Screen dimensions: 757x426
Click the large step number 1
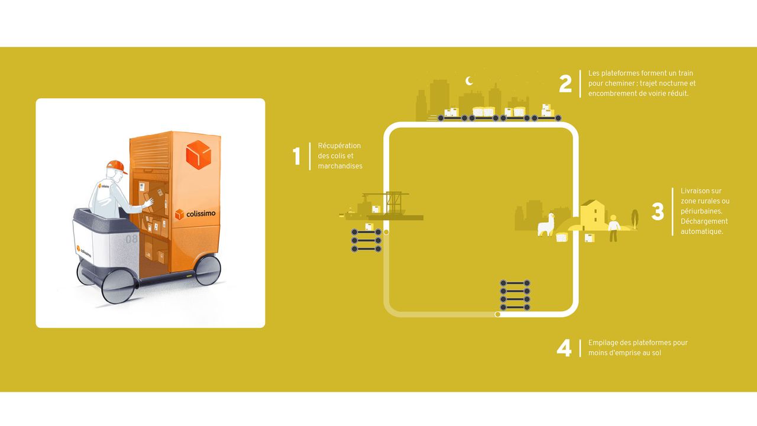pos(297,156)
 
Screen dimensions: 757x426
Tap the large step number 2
pos(565,83)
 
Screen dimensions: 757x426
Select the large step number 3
pos(658,212)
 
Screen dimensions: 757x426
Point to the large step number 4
pos(564,348)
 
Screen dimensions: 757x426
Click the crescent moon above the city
pos(470,81)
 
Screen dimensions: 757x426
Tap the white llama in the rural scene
pos(546,224)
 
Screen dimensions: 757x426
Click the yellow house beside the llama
pos(592,215)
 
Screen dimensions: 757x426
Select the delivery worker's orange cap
pos(117,166)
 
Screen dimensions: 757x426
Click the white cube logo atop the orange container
pos(198,154)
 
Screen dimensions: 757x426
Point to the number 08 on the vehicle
pos(131,240)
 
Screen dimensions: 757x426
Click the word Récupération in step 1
pos(339,146)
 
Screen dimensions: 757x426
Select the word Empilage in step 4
pos(602,343)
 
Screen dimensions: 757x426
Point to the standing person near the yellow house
pos(614,228)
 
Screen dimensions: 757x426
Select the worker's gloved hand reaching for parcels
pos(149,202)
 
